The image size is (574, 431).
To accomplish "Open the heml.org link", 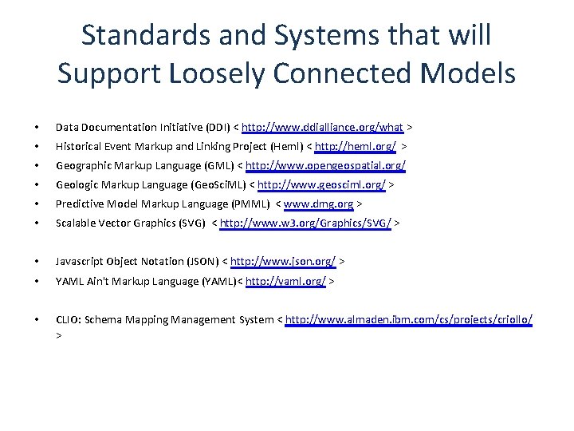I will point(356,147).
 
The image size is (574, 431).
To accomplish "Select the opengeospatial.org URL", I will point(326,166).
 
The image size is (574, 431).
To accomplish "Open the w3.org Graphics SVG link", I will point(305,224).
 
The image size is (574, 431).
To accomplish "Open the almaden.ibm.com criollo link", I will point(409,319).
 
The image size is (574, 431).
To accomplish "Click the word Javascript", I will point(79,261).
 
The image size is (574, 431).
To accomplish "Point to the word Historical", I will point(78,147).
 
